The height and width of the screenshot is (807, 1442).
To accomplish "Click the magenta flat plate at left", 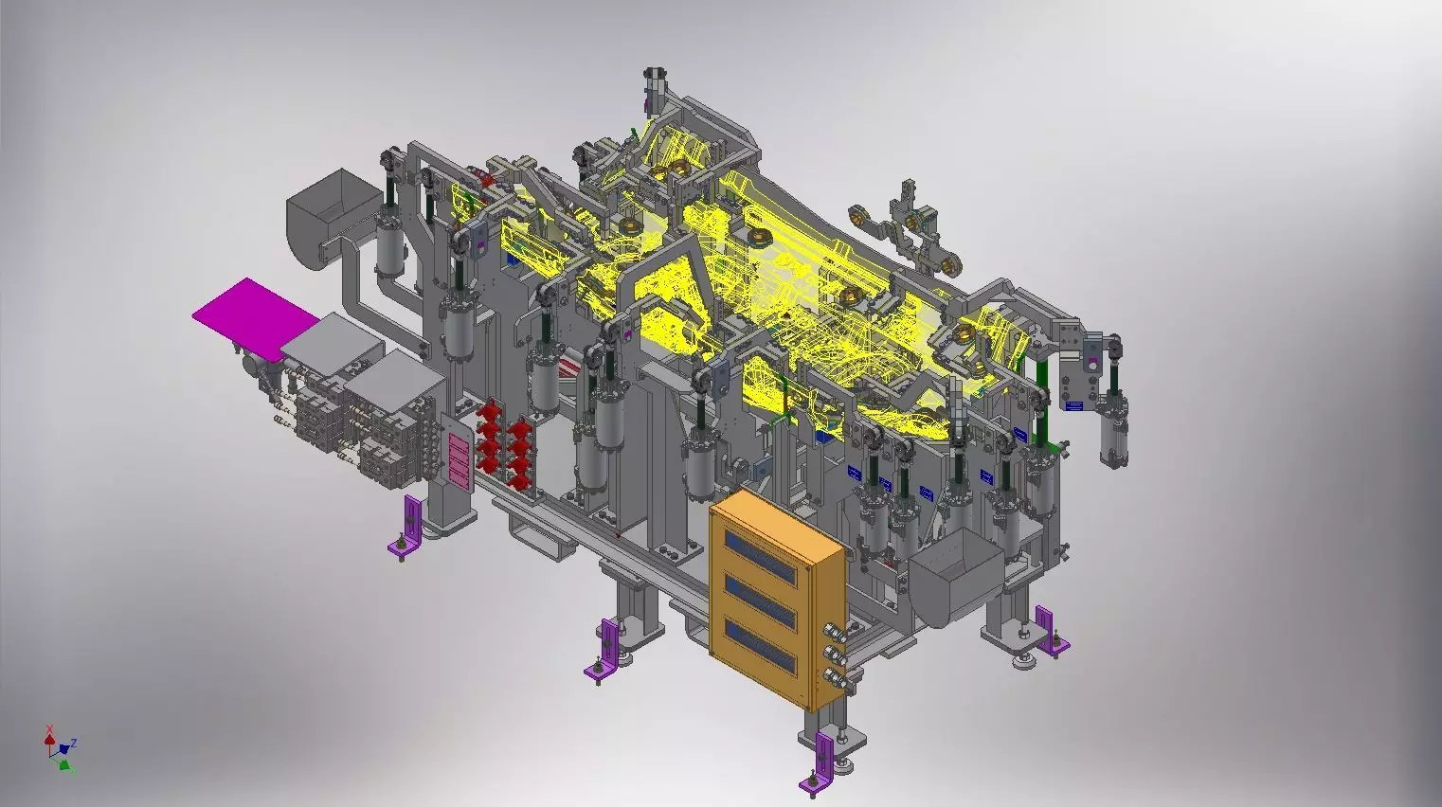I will pos(244,314).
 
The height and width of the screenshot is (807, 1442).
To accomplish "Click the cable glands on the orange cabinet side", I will pos(834,653).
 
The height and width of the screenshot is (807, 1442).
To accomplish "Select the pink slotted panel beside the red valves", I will pos(458,459).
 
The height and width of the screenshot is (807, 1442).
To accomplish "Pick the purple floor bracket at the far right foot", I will pos(1050,633).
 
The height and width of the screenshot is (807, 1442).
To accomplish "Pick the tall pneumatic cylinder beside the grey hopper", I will pos(391,237).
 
